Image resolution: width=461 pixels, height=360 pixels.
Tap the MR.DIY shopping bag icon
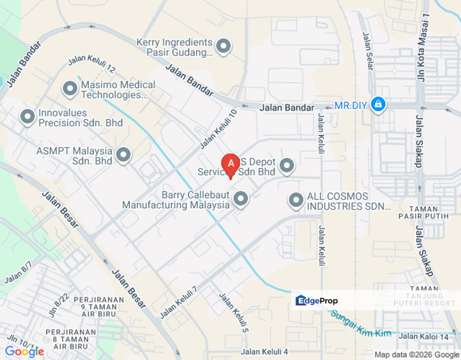point(378,104)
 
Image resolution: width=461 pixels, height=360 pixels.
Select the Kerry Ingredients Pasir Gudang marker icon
point(223,46)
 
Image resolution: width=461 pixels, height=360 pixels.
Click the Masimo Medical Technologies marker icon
point(69,89)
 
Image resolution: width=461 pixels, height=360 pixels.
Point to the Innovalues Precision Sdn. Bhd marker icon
point(27,117)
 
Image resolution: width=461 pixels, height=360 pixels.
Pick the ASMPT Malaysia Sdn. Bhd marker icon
point(123,155)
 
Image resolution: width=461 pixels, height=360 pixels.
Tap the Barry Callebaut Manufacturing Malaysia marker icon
point(241,199)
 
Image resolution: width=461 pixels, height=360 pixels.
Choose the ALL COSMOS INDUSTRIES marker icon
point(296,200)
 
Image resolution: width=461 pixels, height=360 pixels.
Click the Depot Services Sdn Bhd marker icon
point(286,165)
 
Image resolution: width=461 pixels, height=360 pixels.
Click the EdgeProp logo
point(317,300)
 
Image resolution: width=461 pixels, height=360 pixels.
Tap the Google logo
point(24,351)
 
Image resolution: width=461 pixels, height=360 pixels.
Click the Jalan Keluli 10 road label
point(218,129)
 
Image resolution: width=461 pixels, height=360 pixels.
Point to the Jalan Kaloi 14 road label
point(423,336)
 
